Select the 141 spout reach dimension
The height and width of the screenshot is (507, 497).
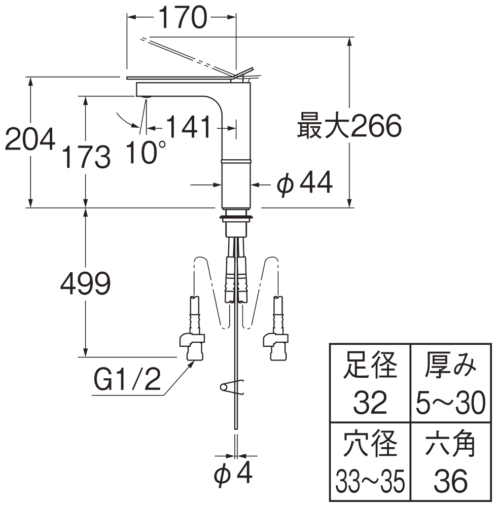click(x=188, y=127)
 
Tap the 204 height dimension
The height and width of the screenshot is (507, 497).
click(x=29, y=139)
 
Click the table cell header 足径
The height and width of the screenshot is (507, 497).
click(x=370, y=366)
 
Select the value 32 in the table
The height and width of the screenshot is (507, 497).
click(x=370, y=403)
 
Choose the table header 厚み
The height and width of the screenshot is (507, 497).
click(x=451, y=366)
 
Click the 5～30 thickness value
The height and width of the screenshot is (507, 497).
click(x=451, y=403)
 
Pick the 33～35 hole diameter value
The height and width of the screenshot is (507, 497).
click(x=370, y=481)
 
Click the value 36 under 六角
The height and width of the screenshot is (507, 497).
click(x=451, y=481)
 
